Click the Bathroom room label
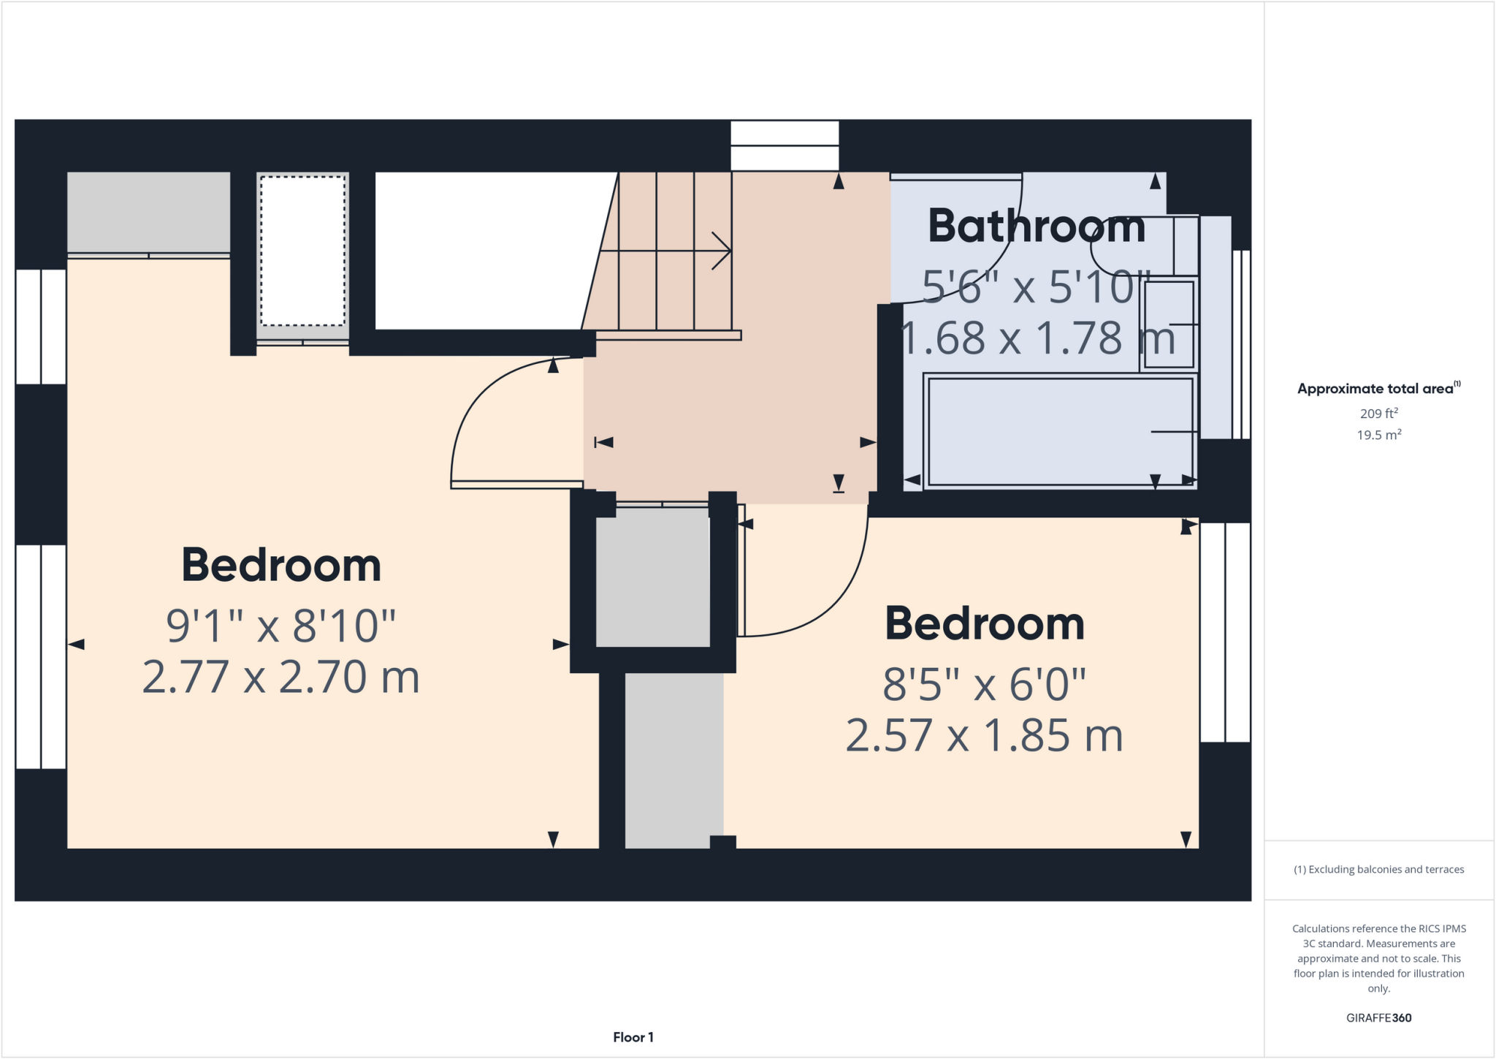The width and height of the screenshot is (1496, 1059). click(1036, 226)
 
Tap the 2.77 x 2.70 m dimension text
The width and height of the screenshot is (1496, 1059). click(280, 677)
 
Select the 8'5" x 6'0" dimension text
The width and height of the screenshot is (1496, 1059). click(984, 685)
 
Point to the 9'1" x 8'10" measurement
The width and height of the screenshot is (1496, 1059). click(280, 626)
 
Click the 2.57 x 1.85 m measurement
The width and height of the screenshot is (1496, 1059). click(984, 735)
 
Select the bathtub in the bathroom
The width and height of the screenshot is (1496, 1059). click(1059, 430)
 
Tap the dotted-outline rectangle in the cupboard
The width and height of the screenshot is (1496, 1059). click(302, 251)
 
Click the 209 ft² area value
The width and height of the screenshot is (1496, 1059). click(1378, 413)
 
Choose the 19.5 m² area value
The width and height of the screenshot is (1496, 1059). click(1378, 435)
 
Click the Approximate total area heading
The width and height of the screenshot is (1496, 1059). click(1378, 388)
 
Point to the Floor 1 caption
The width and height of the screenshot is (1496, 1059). click(633, 1037)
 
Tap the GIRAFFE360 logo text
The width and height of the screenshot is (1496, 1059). click(1378, 1017)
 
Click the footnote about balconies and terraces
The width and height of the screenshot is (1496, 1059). click(1378, 869)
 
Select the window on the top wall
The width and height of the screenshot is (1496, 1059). click(785, 145)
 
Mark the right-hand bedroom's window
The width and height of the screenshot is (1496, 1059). click(1225, 632)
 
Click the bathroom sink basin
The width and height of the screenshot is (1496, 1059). click(1168, 324)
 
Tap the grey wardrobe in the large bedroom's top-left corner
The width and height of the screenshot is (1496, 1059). click(148, 212)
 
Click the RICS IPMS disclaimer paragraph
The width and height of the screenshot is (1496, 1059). click(1378, 958)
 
